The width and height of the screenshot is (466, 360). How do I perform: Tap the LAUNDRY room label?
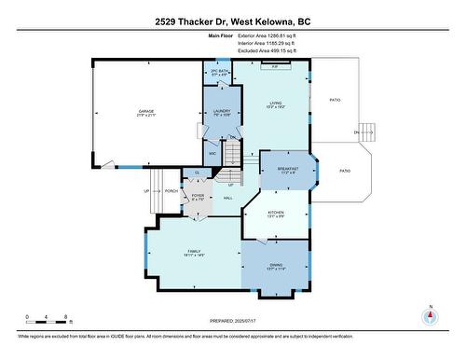221,112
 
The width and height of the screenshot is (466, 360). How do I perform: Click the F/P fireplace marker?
274,67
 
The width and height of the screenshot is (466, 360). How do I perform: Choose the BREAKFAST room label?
287,169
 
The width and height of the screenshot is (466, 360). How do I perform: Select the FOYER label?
197,197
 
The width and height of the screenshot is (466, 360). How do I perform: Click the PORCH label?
171,191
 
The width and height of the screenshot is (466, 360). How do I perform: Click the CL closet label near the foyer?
197,173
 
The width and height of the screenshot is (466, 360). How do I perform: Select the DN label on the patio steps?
355,132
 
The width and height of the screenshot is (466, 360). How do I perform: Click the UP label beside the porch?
145,191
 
